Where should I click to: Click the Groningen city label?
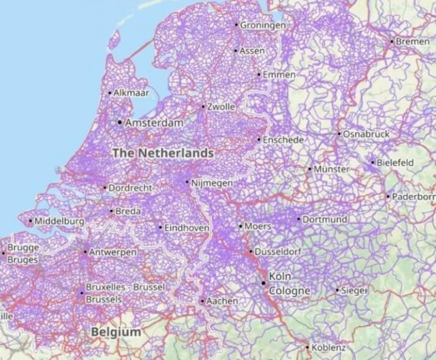click(263, 25)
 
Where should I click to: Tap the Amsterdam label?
click(154, 123)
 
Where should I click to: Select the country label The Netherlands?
click(162, 153)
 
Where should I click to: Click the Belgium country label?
click(116, 332)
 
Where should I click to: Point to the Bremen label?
click(413, 42)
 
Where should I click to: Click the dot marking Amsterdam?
click(120, 123)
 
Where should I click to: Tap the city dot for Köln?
click(264, 282)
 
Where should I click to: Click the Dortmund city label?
click(325, 220)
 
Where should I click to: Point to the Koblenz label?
click(330, 347)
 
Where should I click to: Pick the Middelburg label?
click(59, 221)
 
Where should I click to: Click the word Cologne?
click(290, 291)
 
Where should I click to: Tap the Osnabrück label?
click(367, 134)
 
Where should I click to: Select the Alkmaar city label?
click(131, 92)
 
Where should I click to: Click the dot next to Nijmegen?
click(187, 183)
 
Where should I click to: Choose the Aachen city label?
click(222, 301)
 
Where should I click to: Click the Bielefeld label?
click(396, 162)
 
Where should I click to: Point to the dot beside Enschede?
click(259, 139)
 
